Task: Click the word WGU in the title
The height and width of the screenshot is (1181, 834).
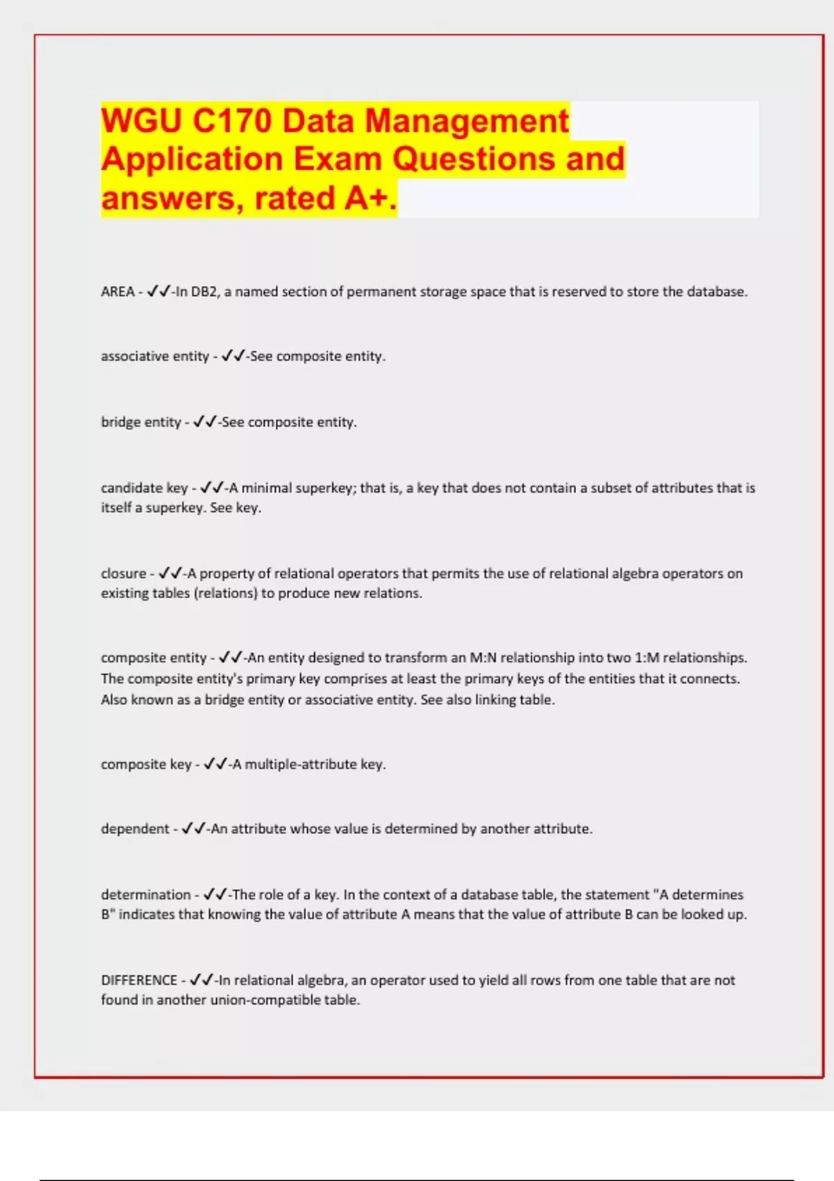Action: (142, 121)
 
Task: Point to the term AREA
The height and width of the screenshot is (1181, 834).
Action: (117, 292)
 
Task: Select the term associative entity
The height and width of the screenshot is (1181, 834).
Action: (154, 356)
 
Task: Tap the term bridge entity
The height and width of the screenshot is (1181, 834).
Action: (140, 422)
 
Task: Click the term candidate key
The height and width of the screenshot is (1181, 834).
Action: (144, 488)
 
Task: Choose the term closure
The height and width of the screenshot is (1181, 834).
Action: (123, 574)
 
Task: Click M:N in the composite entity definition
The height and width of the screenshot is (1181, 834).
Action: (483, 658)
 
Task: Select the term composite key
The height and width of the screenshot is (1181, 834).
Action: (145, 765)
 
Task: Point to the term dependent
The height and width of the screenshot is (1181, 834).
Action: (135, 829)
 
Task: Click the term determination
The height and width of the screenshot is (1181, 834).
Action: (145, 895)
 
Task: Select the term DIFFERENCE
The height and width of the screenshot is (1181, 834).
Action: (139, 980)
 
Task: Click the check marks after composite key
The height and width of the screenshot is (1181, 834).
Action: (215, 764)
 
